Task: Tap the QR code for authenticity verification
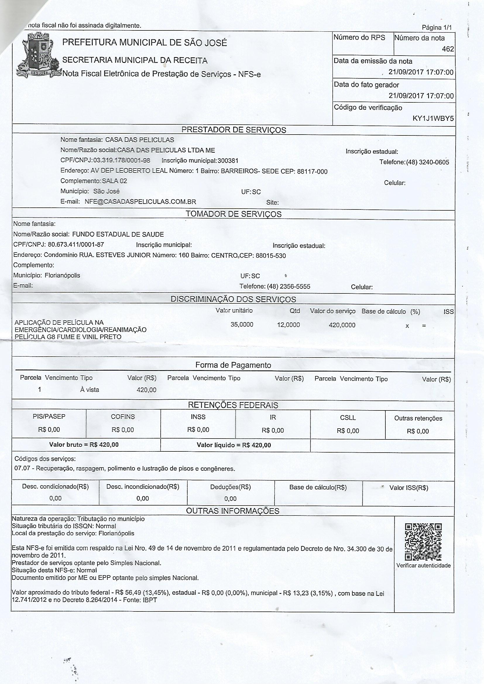pyautogui.click(x=423, y=542)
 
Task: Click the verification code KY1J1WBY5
pyautogui.click(x=433, y=118)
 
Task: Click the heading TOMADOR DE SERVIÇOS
pyautogui.click(x=234, y=214)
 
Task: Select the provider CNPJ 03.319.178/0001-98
pyautogui.click(x=122, y=161)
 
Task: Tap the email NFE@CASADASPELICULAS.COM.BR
pyautogui.click(x=140, y=202)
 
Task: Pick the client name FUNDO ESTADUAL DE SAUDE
pyautogui.click(x=118, y=234)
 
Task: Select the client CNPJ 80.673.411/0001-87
pyautogui.click(x=76, y=245)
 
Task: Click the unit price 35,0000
pyautogui.click(x=242, y=324)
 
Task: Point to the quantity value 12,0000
pyautogui.click(x=289, y=325)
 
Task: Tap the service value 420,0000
pyautogui.click(x=342, y=325)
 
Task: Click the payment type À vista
pyautogui.click(x=90, y=390)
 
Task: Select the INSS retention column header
pyautogui.click(x=198, y=417)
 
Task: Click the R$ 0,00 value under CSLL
pyautogui.click(x=348, y=431)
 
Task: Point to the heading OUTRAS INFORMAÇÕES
pyautogui.click(x=232, y=511)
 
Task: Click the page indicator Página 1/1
pyautogui.click(x=437, y=28)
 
